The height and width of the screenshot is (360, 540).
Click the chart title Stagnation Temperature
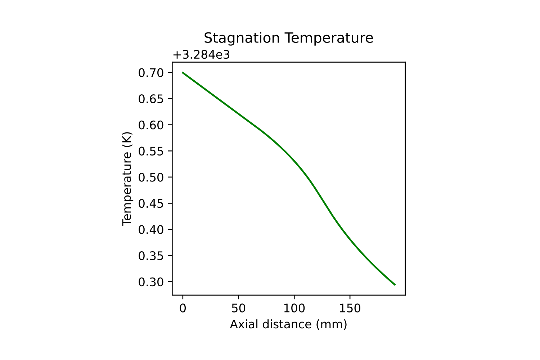pyautogui.click(x=288, y=38)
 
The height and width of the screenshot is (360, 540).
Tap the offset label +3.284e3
pyautogui.click(x=201, y=55)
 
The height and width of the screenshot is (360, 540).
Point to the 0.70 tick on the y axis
pyautogui.click(x=150, y=73)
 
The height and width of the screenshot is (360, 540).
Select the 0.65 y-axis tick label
pyautogui.click(x=150, y=99)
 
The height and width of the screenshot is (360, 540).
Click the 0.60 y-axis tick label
pyautogui.click(x=150, y=125)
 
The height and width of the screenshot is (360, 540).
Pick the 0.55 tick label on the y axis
pyautogui.click(x=150, y=151)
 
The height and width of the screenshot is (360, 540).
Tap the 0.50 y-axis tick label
pyautogui.click(x=150, y=177)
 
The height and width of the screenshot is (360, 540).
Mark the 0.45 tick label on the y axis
pyautogui.click(x=150, y=204)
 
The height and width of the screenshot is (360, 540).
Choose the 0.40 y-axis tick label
pyautogui.click(x=150, y=230)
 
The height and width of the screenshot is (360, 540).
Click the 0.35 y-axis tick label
pyautogui.click(x=150, y=256)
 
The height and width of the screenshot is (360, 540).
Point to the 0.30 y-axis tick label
pyautogui.click(x=150, y=282)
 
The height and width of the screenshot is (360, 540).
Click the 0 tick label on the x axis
pyautogui.click(x=183, y=308)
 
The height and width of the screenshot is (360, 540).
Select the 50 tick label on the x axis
pyautogui.click(x=238, y=308)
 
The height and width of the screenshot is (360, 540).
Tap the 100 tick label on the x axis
pyautogui.click(x=294, y=308)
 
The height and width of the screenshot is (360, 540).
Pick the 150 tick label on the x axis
pyautogui.click(x=350, y=308)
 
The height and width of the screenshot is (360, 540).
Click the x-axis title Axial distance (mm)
pyautogui.click(x=288, y=324)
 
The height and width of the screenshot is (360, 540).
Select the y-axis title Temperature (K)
pyautogui.click(x=127, y=179)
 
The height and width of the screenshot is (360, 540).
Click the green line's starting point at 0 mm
pyautogui.click(x=183, y=72)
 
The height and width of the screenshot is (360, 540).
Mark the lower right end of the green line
pyautogui.click(x=395, y=285)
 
